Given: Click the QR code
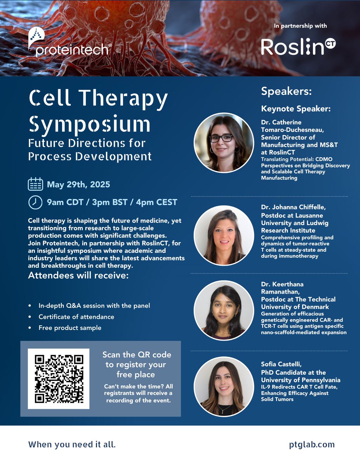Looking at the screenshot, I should (59, 379).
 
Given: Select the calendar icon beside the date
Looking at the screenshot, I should (35, 184).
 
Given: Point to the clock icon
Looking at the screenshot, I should (35, 202).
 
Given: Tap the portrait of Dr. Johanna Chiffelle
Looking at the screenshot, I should (224, 235).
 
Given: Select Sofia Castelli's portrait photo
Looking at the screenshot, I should (224, 387).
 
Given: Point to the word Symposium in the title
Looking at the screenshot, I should (90, 124).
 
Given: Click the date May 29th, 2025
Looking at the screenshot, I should (78, 184).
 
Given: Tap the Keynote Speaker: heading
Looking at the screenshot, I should (296, 109).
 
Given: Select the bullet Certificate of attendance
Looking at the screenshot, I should (76, 317).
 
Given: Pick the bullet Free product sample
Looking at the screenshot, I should (70, 328).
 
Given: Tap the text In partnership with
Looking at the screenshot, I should (300, 26).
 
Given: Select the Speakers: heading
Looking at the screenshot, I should (287, 92).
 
